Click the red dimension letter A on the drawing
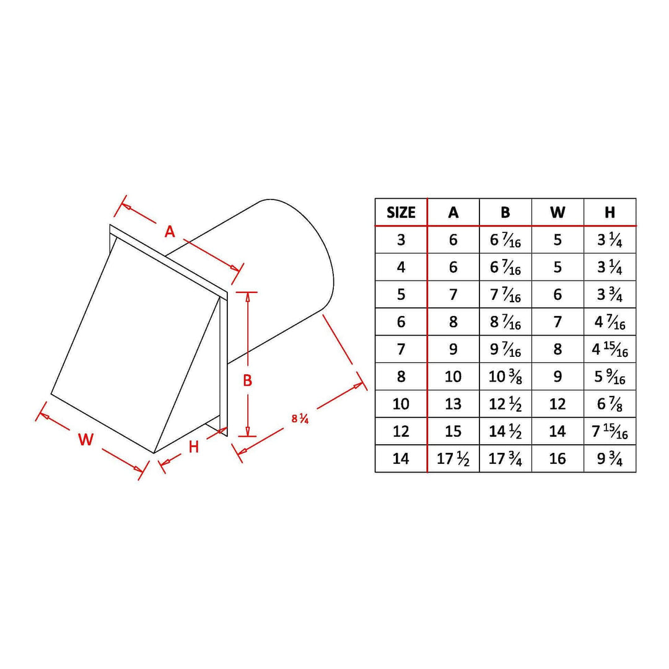pos(170,232)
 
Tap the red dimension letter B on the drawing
pos(247,380)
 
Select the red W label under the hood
pos(85,439)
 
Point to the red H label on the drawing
pos(194,447)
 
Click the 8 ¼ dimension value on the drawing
pos(300,419)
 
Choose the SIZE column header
pos(401,212)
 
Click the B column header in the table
pos(505,212)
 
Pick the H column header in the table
pos(610,212)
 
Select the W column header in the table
pos(557,212)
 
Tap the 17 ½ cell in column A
pos(453,459)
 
